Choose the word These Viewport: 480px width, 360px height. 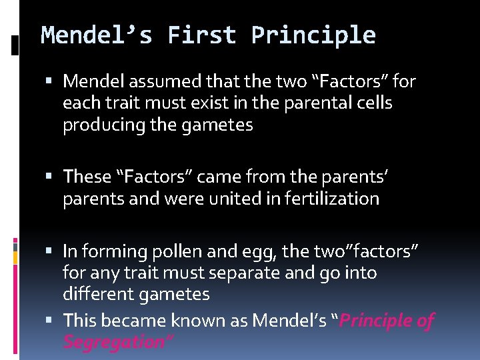[x=87, y=177]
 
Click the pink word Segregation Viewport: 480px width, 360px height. [x=117, y=343]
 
